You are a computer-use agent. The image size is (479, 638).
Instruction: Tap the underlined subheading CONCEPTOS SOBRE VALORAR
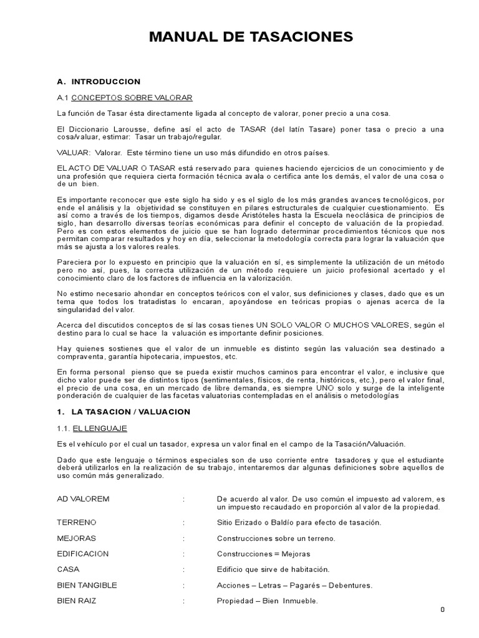[x=132, y=98]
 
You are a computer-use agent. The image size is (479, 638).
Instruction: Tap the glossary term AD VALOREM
[x=83, y=499]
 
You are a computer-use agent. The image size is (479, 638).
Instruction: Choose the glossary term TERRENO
[x=77, y=522]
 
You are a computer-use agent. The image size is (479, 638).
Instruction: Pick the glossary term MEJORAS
[x=77, y=538]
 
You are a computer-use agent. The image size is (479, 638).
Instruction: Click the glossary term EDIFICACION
[x=82, y=553]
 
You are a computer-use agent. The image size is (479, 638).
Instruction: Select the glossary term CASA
[x=68, y=569]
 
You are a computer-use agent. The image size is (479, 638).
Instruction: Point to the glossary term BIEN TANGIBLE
[x=87, y=585]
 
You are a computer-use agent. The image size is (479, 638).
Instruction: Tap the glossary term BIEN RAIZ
[x=77, y=601]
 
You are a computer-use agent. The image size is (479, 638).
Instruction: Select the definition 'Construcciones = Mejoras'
[x=263, y=553]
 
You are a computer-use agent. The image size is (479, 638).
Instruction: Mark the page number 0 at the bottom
[x=442, y=609]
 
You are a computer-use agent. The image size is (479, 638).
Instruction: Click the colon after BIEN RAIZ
[x=184, y=601]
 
